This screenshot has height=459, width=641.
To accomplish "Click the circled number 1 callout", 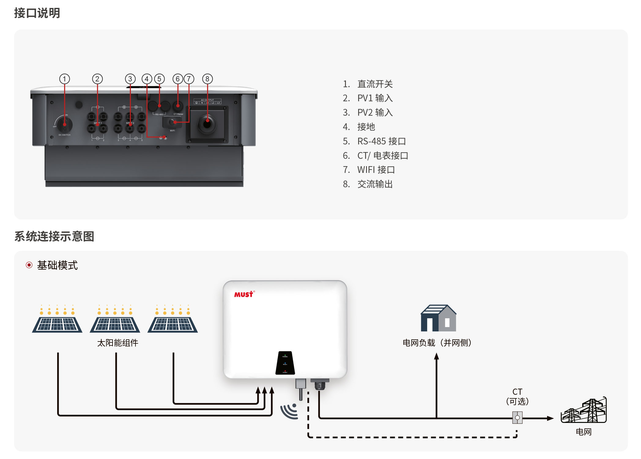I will (x=65, y=79).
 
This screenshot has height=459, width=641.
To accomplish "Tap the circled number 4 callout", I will (x=147, y=79).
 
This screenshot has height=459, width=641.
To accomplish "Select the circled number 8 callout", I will (x=207, y=79).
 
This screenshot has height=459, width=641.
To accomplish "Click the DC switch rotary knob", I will (x=65, y=124).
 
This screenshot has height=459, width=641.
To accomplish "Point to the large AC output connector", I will (x=207, y=124).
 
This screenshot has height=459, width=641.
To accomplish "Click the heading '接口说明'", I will (x=37, y=13).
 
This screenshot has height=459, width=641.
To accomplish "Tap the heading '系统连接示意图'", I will (x=54, y=237).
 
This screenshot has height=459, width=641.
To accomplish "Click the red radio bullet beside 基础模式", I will (x=29, y=265).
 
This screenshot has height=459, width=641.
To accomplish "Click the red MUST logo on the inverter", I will (x=244, y=294).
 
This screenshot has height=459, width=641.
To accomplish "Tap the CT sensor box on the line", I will (x=517, y=418).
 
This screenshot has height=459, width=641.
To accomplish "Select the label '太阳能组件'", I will (x=118, y=343).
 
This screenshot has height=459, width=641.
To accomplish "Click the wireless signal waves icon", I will (x=289, y=411).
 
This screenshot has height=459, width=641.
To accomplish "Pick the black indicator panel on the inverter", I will (x=285, y=363).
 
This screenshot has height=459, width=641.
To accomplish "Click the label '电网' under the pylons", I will (x=584, y=432).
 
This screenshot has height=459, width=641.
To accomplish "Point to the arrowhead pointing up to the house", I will (x=436, y=356).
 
